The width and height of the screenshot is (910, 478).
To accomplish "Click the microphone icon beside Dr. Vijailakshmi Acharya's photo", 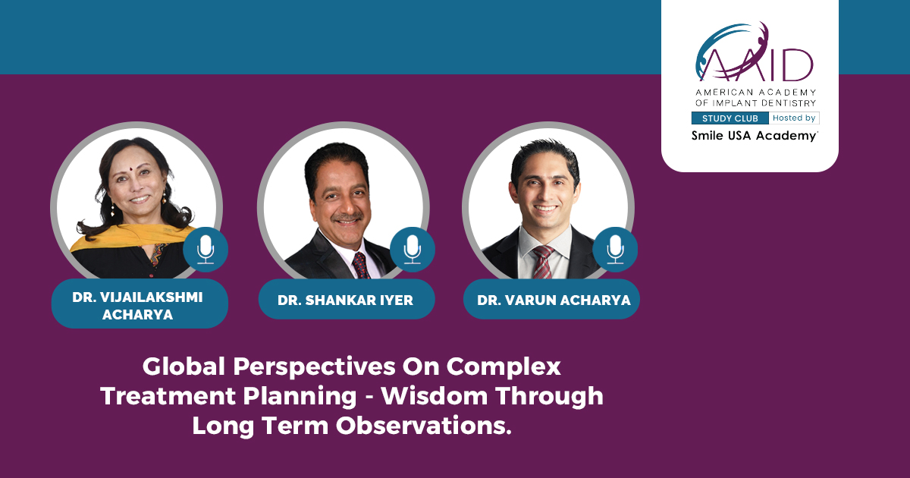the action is (206, 249).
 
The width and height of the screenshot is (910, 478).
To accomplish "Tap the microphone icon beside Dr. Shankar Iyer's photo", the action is (413, 249).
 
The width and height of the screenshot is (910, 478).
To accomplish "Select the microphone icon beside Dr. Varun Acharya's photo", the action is (615, 249).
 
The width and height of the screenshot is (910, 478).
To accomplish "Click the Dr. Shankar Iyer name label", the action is (347, 300).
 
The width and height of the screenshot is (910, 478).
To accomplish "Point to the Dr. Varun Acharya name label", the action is (552, 300).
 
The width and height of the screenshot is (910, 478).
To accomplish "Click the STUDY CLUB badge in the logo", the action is (730, 118).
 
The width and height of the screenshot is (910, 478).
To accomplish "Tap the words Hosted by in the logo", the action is (794, 118).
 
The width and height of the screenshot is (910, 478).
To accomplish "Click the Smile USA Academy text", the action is (755, 136).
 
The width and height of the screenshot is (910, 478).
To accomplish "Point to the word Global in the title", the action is (184, 366).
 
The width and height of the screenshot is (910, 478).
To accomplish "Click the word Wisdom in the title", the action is (435, 396).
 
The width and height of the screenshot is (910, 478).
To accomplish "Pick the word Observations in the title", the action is (424, 426).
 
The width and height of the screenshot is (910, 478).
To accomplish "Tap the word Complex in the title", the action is (504, 367).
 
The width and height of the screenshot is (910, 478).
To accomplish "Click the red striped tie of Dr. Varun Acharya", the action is (543, 262).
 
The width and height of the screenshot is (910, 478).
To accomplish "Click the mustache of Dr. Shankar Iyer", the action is (347, 217).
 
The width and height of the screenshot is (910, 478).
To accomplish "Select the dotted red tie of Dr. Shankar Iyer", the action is (361, 265).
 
